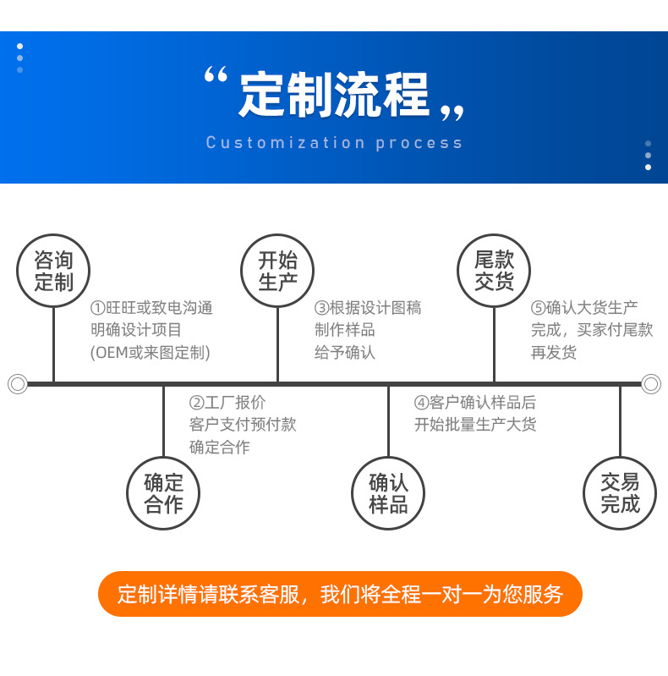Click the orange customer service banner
[x=341, y=594]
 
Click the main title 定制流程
[x=334, y=95]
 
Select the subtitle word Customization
[x=285, y=143]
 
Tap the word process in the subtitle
[x=419, y=144]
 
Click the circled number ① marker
[x=98, y=308]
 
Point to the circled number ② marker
[x=196, y=403]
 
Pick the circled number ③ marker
[x=322, y=308]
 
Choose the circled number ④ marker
[x=421, y=403]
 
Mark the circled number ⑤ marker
[x=539, y=308]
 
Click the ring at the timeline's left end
[x=9, y=384]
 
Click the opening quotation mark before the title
[x=216, y=74]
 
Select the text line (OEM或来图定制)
[x=151, y=353]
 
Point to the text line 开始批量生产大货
[x=475, y=425]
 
